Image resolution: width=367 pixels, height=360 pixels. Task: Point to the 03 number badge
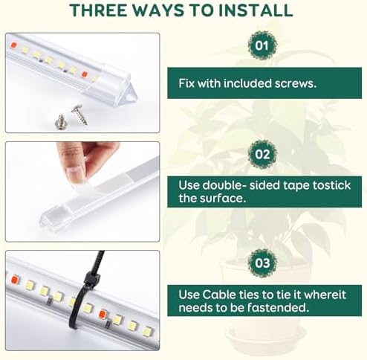pyautogui.click(x=262, y=263)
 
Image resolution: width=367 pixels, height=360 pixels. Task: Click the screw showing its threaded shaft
pyautogui.click(x=78, y=113)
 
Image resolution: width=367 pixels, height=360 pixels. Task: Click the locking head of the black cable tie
pyautogui.click(x=91, y=279)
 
